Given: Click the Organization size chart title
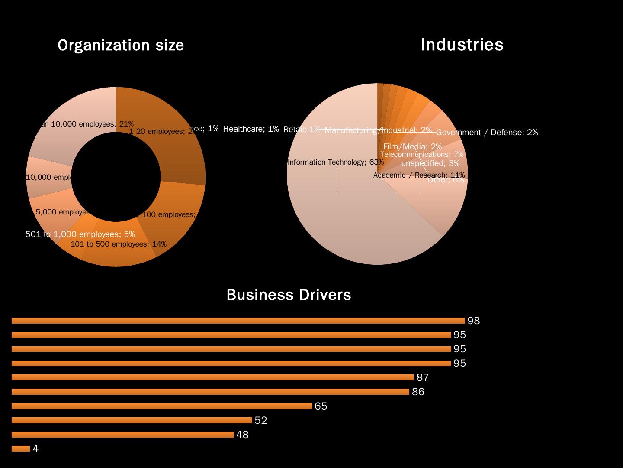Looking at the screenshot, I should [121, 45].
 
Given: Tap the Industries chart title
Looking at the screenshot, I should [462, 45].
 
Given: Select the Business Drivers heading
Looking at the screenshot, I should [289, 295].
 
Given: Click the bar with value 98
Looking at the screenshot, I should [238, 321].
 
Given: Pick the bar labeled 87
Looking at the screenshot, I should [212, 377].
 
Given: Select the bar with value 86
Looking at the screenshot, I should [210, 392].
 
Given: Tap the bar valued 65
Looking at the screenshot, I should [162, 406].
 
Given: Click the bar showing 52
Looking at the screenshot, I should [132, 420].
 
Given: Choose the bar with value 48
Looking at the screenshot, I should [122, 435].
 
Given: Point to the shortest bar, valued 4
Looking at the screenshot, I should [21, 448].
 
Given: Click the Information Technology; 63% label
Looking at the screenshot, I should [335, 162].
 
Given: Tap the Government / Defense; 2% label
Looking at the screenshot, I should [487, 133].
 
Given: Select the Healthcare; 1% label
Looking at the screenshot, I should [251, 129].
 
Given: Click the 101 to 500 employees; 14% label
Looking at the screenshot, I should [118, 244].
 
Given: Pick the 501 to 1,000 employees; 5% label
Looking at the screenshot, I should [80, 234].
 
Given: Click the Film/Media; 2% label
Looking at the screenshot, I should [412, 147].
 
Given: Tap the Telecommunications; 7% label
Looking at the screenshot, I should [422, 155].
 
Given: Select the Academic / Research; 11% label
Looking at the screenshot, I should [419, 175].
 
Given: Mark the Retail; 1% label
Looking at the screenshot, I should [302, 130].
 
